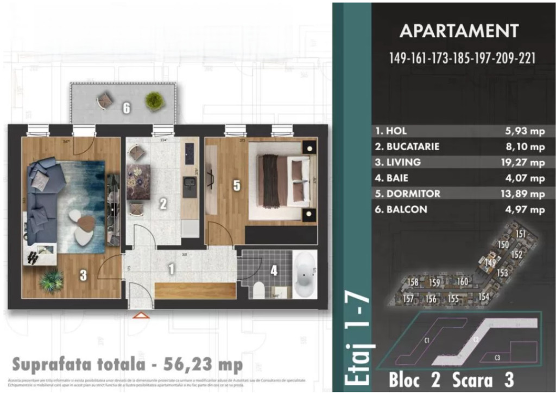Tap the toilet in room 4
click(x=259, y=290)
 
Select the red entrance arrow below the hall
click(x=141, y=315)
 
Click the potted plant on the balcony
click(x=154, y=100)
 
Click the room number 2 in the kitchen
click(x=163, y=204)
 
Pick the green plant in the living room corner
click(x=52, y=281)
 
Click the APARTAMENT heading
click(x=459, y=31)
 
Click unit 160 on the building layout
click(x=462, y=281)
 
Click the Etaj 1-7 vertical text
click(x=358, y=339)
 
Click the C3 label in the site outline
click(x=497, y=358)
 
